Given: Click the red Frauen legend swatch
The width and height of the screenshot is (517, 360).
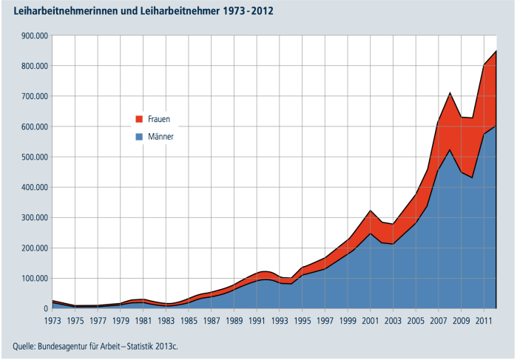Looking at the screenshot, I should [138, 119].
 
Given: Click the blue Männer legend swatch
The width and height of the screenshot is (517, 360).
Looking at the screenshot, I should [138, 137].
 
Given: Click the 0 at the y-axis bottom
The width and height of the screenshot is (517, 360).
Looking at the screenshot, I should [44, 309].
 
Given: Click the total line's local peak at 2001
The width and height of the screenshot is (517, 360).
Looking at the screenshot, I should [370, 211].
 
